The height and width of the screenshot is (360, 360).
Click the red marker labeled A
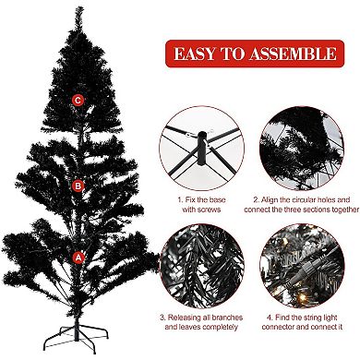coord(78,258)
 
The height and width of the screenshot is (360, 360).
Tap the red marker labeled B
coord(78,185)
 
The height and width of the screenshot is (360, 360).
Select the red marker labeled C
coord(78,100)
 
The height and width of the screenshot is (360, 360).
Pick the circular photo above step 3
coord(198,268)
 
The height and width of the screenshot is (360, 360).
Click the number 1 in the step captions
coord(179,198)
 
